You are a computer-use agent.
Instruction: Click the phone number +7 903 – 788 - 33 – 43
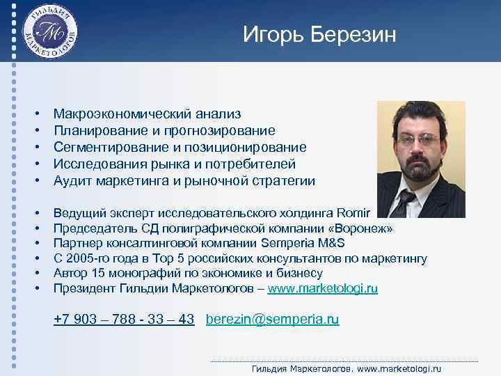click(x=124, y=320)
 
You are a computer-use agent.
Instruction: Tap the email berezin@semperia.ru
click(x=273, y=320)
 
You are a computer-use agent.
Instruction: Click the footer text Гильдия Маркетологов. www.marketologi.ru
click(x=346, y=368)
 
